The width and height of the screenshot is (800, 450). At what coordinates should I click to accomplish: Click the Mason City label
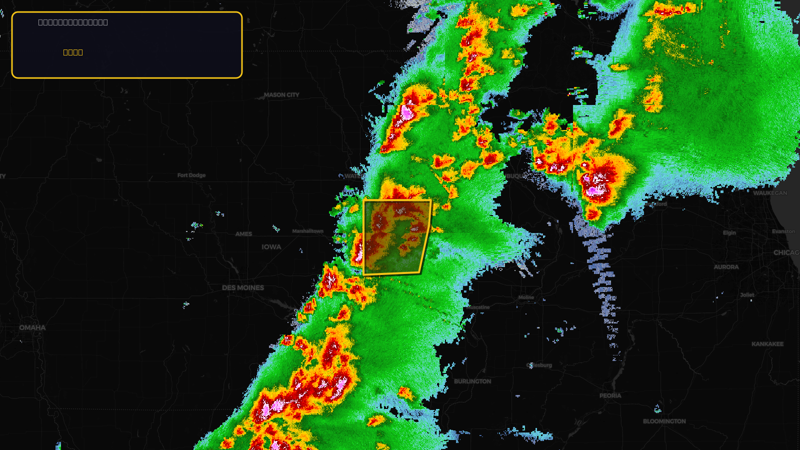coord(281,95)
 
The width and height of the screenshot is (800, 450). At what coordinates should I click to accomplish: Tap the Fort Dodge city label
coord(191,175)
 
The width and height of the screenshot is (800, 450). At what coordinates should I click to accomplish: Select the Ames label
coord(244,234)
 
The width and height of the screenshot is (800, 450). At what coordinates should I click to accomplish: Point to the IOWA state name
coord(271,247)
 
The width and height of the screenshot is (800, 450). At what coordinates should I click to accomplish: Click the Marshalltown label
coord(308,231)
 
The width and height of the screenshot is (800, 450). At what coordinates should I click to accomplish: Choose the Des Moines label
coord(243,288)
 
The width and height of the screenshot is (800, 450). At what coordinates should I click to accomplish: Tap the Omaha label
coord(32,328)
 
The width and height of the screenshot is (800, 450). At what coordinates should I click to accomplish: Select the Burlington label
coord(472,381)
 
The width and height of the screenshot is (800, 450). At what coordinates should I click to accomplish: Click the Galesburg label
coord(539,365)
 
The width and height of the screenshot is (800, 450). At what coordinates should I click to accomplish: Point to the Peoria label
coord(610,395)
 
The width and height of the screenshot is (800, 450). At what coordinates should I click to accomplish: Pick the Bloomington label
coord(664,421)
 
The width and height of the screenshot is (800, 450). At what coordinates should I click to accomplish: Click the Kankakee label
coord(767,344)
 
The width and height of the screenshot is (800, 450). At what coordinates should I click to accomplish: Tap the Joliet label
coord(747,295)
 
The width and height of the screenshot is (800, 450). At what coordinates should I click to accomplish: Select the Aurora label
coord(726,267)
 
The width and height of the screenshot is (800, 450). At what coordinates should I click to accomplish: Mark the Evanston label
coord(783,231)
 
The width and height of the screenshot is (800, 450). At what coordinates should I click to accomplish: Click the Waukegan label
coord(770,193)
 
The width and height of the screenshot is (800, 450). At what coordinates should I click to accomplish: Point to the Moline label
coord(526,297)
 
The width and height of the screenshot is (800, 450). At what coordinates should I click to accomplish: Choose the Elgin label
coord(729,233)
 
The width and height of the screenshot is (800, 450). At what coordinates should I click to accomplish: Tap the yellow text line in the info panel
coord(73,52)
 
